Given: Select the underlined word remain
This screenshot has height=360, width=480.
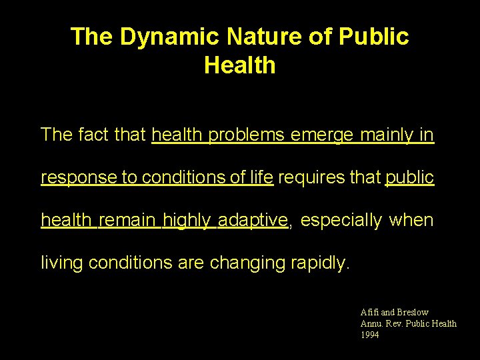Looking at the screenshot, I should pos(129,220).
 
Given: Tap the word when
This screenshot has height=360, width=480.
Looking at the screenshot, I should pos(411,220).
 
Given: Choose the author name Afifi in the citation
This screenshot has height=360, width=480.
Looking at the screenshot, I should pos(369,312).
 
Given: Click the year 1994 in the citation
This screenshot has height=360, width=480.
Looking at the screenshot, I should pos(369,335).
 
